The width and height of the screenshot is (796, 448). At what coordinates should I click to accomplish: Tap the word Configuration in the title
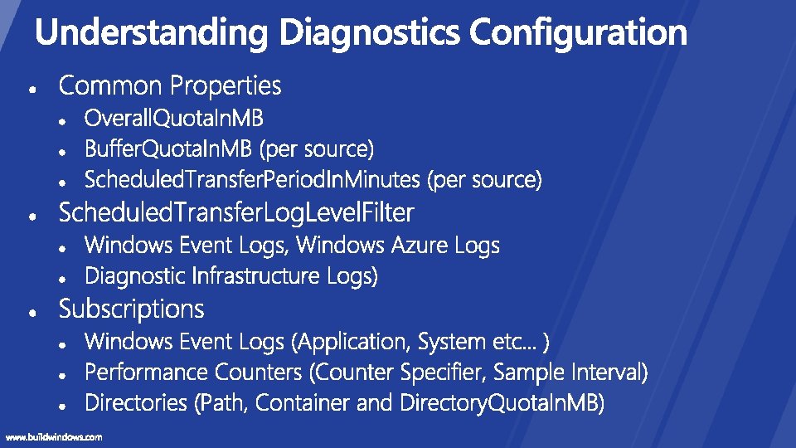click(578, 33)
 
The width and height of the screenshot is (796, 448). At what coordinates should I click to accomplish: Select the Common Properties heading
click(170, 85)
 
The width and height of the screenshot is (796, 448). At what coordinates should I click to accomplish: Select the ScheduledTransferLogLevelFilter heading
click(235, 213)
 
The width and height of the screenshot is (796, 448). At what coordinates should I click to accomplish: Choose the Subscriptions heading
click(131, 309)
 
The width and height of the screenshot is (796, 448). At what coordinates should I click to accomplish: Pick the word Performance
click(147, 372)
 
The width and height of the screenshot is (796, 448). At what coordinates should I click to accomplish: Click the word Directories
click(137, 403)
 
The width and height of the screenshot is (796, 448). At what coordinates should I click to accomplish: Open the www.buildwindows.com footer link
click(54, 437)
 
